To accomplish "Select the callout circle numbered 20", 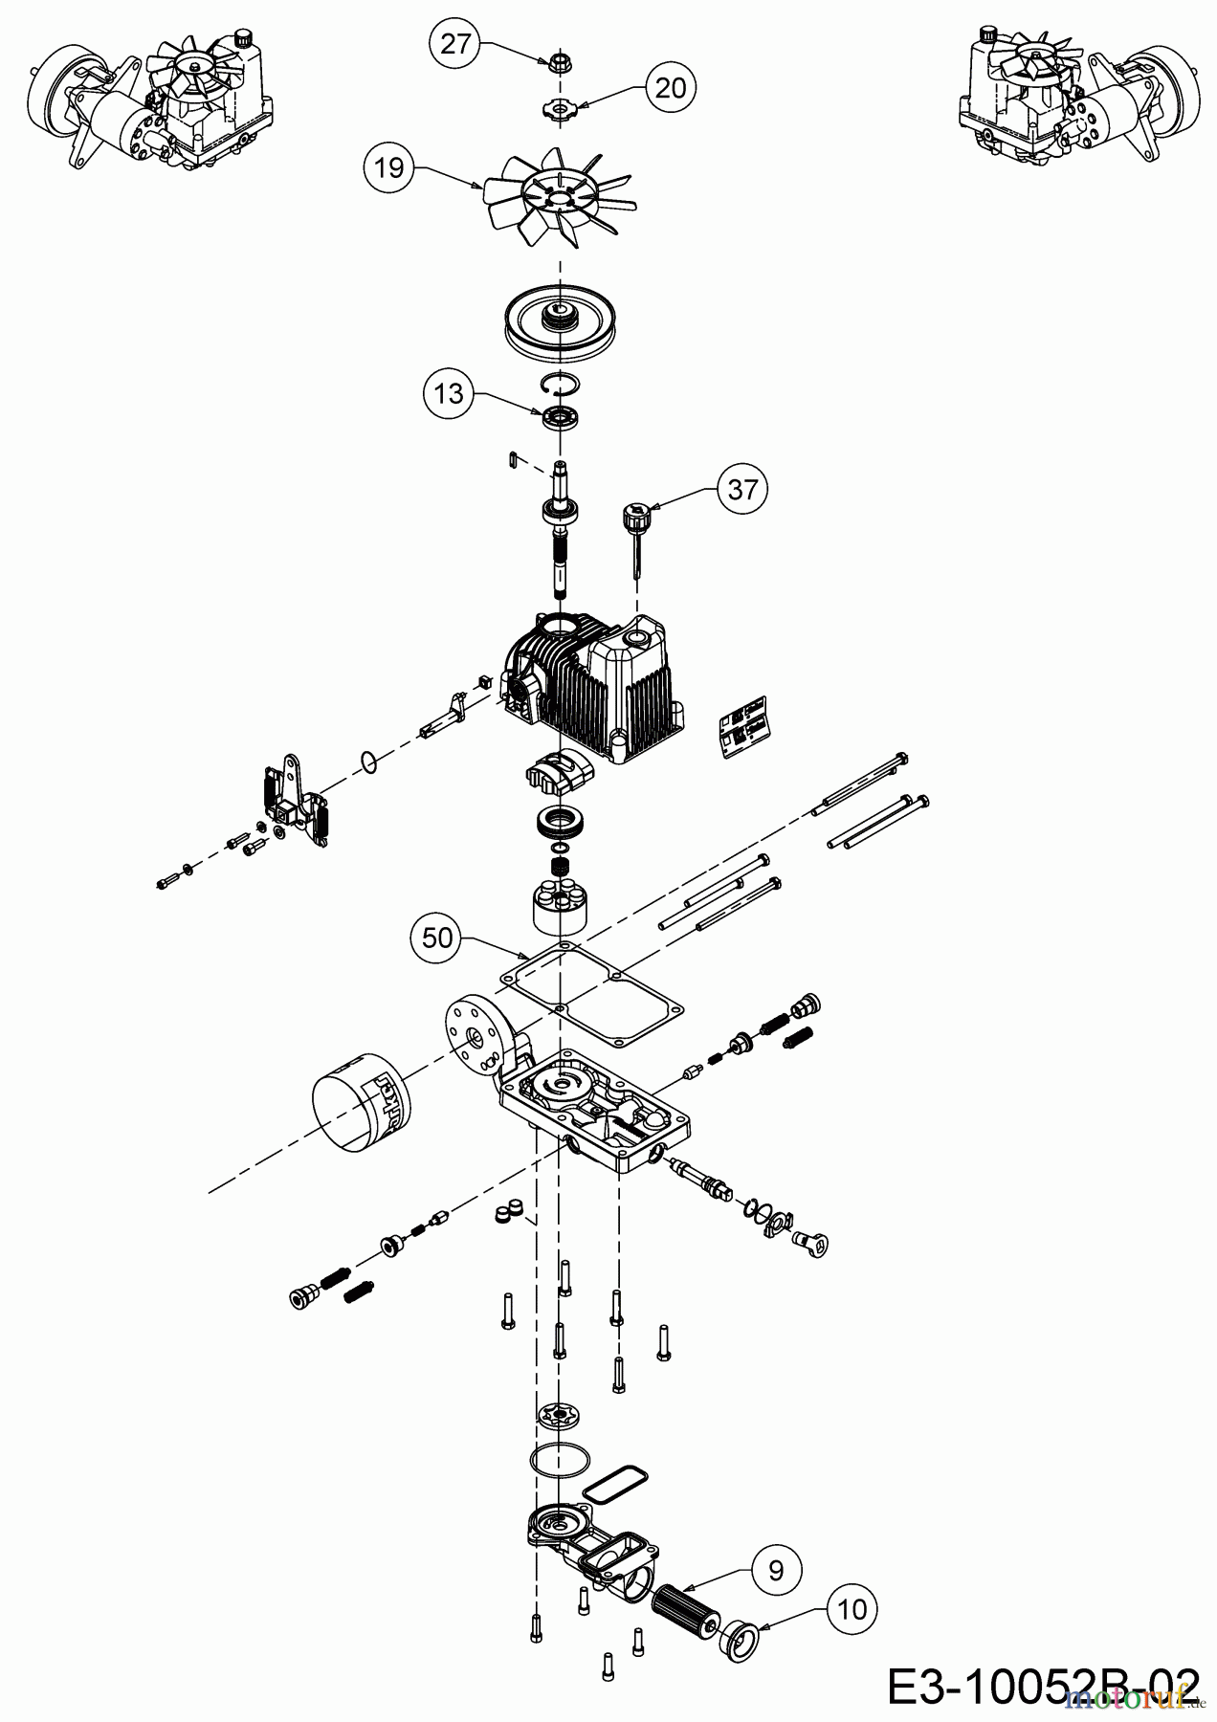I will [671, 88].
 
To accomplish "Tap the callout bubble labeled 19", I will [389, 167].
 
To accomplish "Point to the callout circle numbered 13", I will [450, 393].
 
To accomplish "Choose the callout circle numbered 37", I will [742, 490].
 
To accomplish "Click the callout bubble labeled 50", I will [437, 938].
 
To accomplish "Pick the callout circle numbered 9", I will [775, 1570].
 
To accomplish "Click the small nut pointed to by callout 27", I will [555, 64].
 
